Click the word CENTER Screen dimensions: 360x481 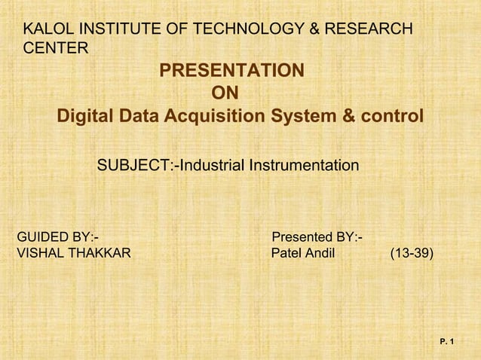pyautogui.click(x=56, y=49)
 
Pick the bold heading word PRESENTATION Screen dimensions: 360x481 pyautogui.click(x=232, y=72)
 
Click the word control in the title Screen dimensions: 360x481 pyautogui.click(x=391, y=117)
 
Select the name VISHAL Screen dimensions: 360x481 pyautogui.click(x=41, y=253)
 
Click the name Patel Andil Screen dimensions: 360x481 pyautogui.click(x=302, y=253)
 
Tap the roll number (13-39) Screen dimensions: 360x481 pyautogui.click(x=411, y=253)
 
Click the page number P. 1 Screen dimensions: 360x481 pyautogui.click(x=447, y=343)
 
